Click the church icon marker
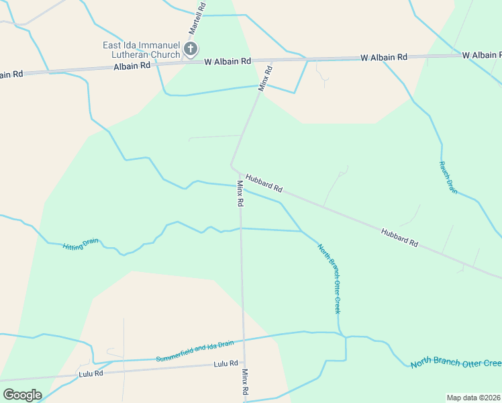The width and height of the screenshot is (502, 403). pyautogui.click(x=191, y=48)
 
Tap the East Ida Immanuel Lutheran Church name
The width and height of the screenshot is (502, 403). pyautogui.click(x=141, y=50)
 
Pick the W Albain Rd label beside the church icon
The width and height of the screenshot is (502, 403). pyautogui.click(x=228, y=60)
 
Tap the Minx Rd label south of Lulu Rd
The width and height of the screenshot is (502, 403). pyautogui.click(x=246, y=382)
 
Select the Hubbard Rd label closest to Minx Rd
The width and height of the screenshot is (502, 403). pyautogui.click(x=264, y=183)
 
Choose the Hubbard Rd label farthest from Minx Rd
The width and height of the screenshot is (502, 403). pyautogui.click(x=399, y=238)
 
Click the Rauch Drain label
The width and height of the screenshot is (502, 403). pyautogui.click(x=448, y=177)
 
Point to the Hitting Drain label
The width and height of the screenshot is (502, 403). pyautogui.click(x=82, y=245)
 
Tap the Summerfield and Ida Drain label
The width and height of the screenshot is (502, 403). pyautogui.click(x=195, y=351)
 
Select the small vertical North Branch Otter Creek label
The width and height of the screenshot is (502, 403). pyautogui.click(x=330, y=278)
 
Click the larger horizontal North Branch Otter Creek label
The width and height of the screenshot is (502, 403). pyautogui.click(x=456, y=363)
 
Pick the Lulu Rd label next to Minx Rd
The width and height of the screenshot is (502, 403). pyautogui.click(x=225, y=363)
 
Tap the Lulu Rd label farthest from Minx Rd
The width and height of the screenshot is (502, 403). pyautogui.click(x=91, y=373)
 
